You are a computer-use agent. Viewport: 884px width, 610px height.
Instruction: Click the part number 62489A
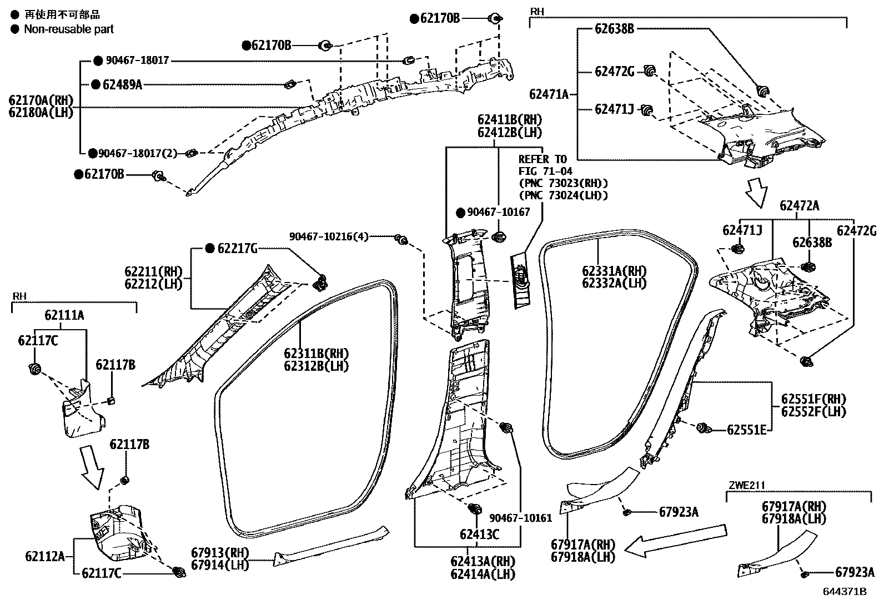click(x=122, y=85)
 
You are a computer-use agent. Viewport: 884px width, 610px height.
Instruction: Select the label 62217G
click(x=237, y=248)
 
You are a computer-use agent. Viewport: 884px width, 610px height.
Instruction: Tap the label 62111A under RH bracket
click(x=64, y=315)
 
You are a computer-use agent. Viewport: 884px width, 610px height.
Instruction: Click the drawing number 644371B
click(x=845, y=592)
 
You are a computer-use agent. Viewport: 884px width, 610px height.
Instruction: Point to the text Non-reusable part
click(x=69, y=29)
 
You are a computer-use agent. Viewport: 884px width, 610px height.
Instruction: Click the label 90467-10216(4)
click(x=329, y=236)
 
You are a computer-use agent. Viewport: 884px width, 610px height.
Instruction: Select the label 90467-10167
click(x=498, y=212)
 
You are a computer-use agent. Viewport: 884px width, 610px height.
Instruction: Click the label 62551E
click(x=747, y=429)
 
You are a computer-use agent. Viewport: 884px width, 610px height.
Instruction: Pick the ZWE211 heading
click(x=747, y=485)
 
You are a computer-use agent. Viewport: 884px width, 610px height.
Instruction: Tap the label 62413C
click(x=479, y=535)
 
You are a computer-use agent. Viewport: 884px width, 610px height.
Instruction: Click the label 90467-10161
click(x=520, y=518)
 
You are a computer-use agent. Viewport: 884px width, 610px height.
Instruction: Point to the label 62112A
click(x=45, y=556)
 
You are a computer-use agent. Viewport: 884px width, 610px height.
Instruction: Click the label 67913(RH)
click(x=220, y=552)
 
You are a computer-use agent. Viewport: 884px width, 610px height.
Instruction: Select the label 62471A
click(x=549, y=94)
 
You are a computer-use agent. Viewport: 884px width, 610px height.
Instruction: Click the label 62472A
click(x=799, y=205)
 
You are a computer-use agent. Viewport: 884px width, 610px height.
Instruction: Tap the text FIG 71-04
click(x=545, y=171)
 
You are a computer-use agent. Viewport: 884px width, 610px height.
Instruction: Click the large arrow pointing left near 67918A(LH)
click(x=675, y=540)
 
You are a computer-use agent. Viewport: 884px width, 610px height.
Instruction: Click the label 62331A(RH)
click(x=614, y=271)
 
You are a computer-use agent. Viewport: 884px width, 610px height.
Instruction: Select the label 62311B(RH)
click(x=316, y=354)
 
